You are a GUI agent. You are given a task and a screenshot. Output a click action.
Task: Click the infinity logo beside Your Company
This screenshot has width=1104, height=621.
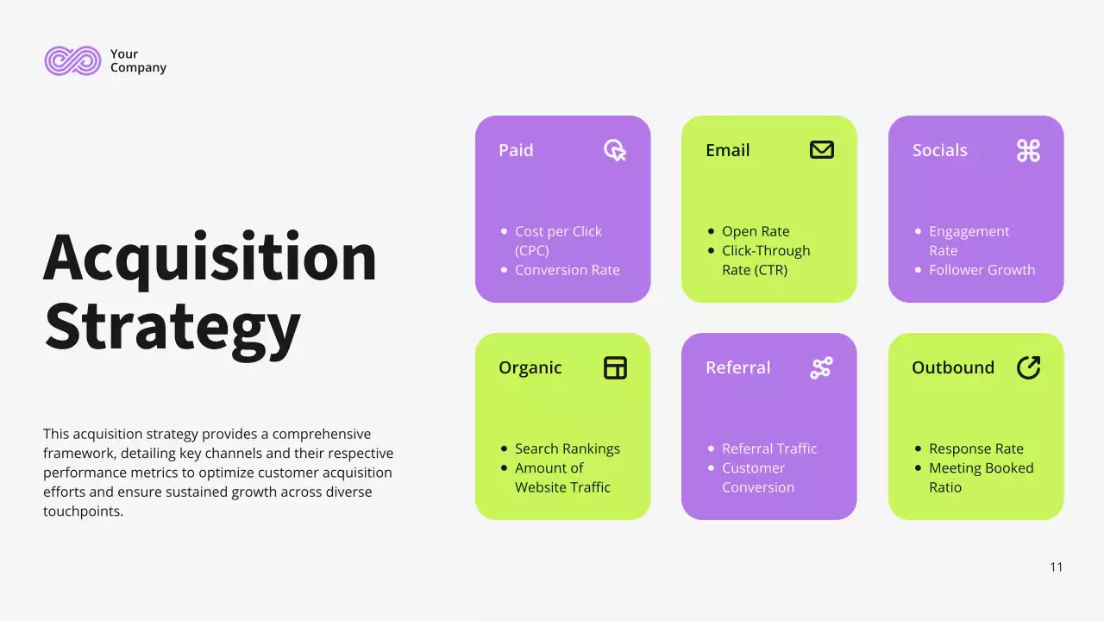[72, 60]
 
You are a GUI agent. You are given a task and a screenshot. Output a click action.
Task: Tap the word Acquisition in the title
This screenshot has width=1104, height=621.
[210, 257]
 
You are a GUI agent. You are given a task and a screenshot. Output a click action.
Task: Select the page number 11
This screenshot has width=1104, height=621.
[1057, 567]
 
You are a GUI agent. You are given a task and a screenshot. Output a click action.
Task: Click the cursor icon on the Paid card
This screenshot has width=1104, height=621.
[615, 151]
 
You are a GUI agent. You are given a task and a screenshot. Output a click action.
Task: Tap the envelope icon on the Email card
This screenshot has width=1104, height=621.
[822, 150]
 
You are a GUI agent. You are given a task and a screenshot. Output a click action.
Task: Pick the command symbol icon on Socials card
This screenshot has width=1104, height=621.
[1028, 151]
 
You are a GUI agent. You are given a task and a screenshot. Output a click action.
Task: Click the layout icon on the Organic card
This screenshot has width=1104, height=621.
[615, 368]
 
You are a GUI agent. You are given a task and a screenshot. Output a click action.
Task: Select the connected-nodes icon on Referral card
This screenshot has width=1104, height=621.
[821, 368]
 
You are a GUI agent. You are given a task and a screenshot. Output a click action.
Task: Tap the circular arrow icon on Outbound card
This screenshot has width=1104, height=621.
[1028, 367]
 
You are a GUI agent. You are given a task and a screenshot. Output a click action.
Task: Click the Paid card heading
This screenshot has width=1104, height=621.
[516, 150]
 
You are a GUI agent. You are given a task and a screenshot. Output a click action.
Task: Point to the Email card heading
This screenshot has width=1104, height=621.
[727, 150]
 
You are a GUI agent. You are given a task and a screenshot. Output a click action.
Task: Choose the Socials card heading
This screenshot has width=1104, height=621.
[939, 150]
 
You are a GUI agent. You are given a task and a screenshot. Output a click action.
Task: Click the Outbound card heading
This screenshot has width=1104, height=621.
[952, 367]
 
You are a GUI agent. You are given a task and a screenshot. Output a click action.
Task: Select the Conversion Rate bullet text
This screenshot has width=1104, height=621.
[567, 270]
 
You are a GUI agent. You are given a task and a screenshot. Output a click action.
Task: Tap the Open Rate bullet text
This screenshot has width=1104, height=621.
[756, 231]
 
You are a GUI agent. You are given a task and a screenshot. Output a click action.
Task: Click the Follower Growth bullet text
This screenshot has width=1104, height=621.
[982, 270]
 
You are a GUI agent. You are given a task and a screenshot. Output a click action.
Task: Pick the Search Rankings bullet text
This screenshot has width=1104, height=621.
[567, 448]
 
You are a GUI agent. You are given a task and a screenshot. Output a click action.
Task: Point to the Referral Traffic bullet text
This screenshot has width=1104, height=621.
[769, 448]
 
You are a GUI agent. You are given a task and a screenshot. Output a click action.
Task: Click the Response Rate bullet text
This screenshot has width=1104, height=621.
[975, 448]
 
